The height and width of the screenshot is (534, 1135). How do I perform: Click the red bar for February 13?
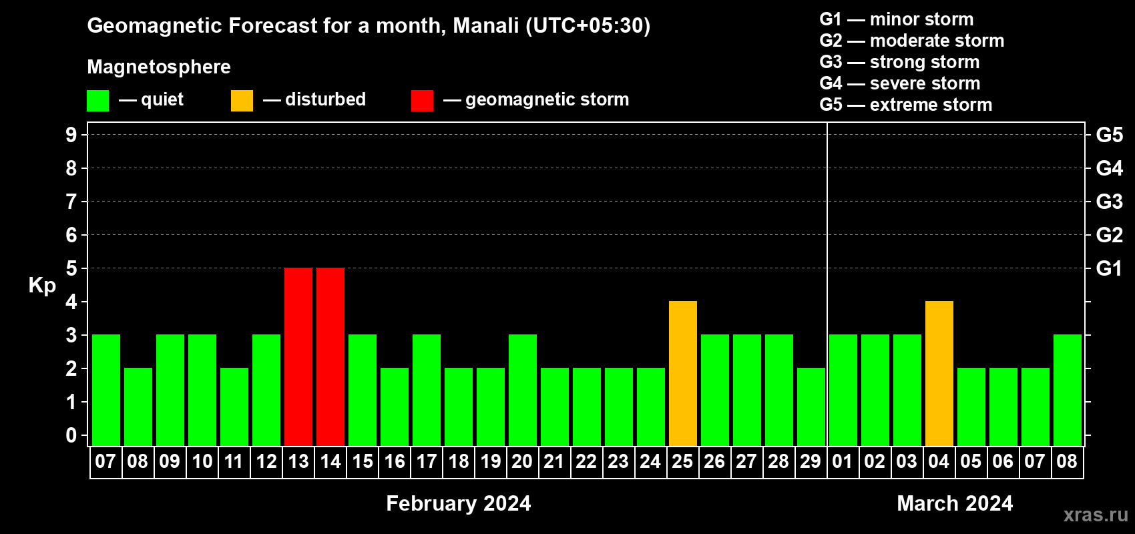click(x=298, y=356)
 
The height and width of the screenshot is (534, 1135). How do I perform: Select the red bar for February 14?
click(x=330, y=356)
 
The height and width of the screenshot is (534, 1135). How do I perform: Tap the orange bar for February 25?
click(x=683, y=373)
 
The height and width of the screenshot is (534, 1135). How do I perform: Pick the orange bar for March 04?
click(x=939, y=373)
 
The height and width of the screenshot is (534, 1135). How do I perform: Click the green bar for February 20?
click(x=523, y=390)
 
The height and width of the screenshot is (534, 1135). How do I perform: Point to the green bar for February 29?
click(x=811, y=407)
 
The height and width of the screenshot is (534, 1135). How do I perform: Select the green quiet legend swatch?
click(x=97, y=100)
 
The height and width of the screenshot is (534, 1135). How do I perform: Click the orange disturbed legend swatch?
click(x=242, y=100)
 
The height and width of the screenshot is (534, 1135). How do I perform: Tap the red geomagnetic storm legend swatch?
click(x=423, y=100)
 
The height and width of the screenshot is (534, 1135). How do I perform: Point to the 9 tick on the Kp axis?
click(x=71, y=135)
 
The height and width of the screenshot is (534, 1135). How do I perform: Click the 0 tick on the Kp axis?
click(x=71, y=435)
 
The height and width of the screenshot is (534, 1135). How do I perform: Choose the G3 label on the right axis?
click(x=1110, y=202)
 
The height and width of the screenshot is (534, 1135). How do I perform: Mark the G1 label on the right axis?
click(x=1110, y=268)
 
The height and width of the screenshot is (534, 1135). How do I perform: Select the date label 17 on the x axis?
click(x=427, y=461)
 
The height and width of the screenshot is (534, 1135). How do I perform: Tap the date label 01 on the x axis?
click(x=843, y=461)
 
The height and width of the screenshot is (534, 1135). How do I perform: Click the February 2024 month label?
click(x=459, y=503)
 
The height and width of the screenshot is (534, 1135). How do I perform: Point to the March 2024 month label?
click(x=955, y=503)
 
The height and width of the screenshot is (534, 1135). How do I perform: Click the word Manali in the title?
click(x=486, y=25)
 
